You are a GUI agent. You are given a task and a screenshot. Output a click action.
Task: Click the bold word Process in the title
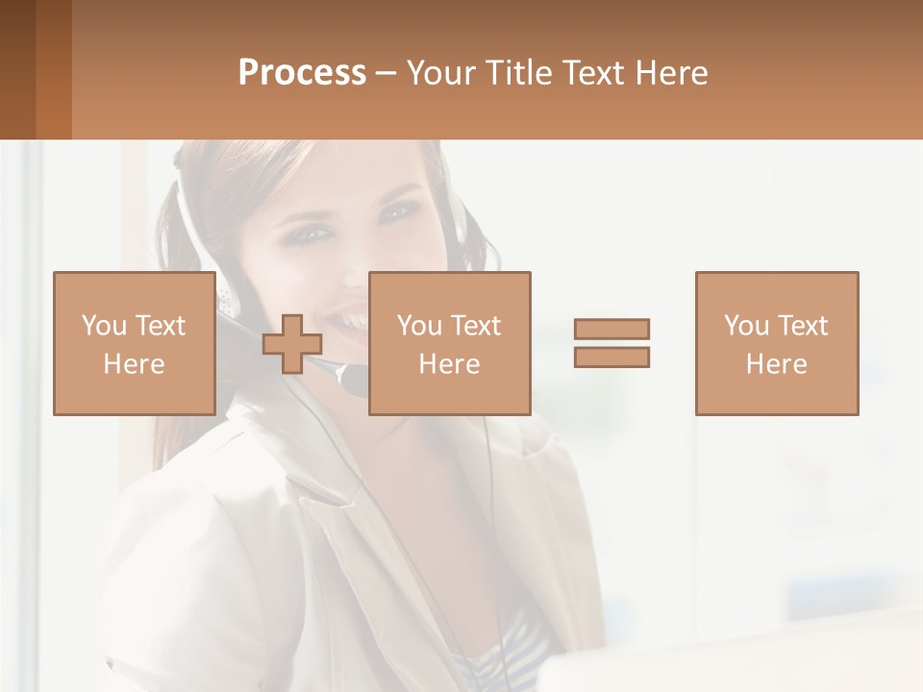point(302,73)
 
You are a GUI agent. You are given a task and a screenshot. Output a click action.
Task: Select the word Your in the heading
point(442,73)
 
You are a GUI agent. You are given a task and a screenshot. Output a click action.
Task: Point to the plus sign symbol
point(292,344)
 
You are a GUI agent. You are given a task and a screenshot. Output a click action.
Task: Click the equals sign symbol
point(611,343)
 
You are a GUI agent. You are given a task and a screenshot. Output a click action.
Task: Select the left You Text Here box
point(134,343)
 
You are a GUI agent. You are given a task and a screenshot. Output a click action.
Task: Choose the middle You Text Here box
point(449,343)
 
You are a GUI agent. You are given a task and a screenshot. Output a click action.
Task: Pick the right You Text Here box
point(776,343)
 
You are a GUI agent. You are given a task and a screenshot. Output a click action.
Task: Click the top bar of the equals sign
point(611,329)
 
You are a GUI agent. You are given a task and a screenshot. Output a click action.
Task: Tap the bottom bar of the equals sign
point(611,357)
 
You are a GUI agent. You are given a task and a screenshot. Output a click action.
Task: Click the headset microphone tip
point(355,381)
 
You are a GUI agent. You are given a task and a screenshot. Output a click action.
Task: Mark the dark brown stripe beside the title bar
point(17,69)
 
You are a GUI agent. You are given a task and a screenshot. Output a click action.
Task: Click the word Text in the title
point(590,73)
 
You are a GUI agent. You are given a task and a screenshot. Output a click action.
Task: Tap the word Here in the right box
point(776,363)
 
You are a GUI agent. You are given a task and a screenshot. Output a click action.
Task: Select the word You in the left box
point(104,325)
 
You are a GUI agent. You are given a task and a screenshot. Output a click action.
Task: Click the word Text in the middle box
point(477,325)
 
